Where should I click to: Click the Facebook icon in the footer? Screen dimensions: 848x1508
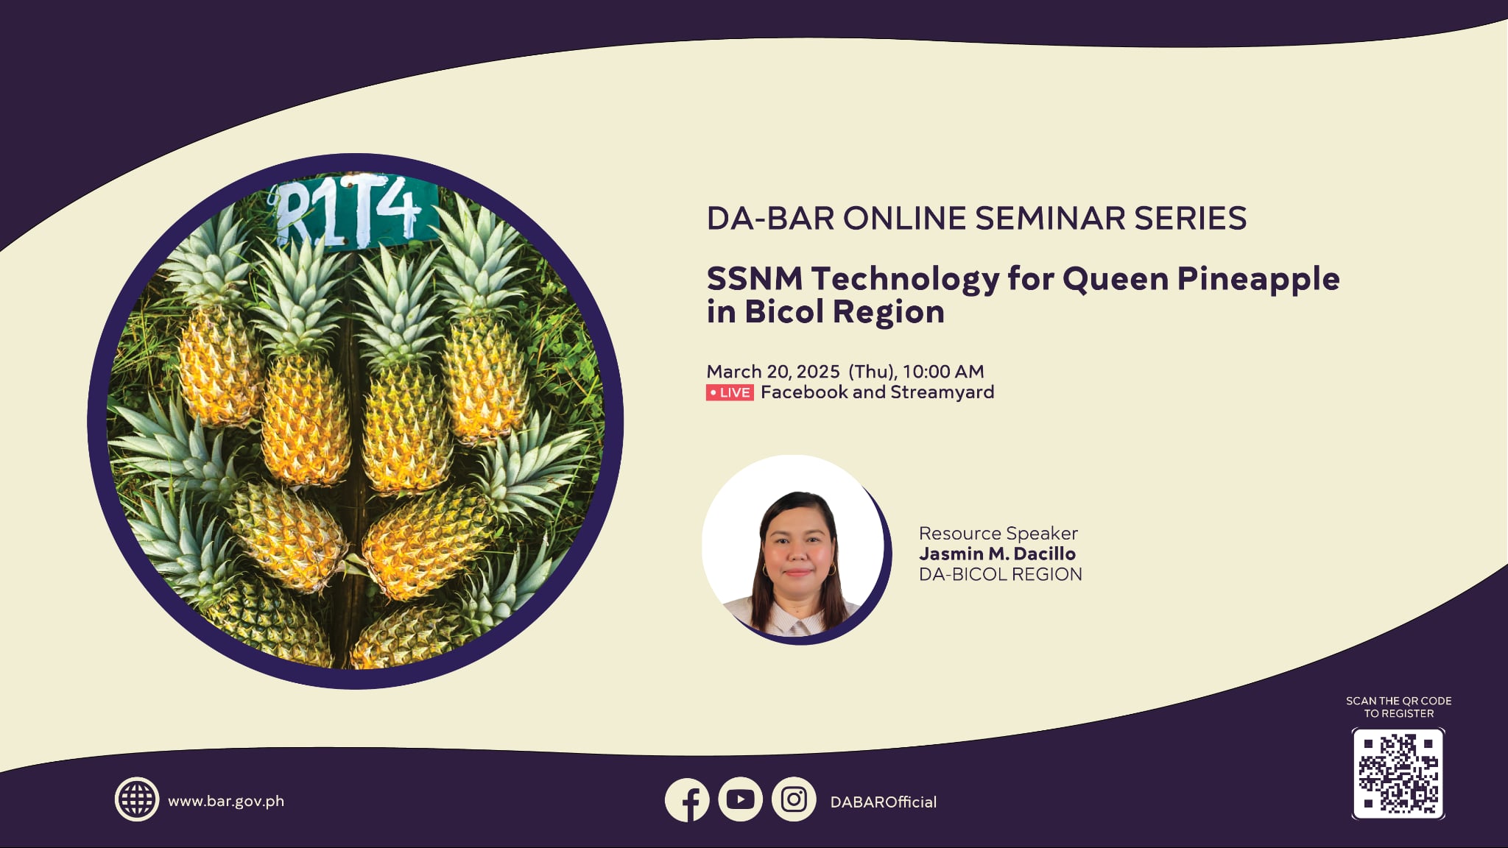(x=687, y=800)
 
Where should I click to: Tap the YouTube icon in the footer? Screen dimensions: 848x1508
(x=740, y=799)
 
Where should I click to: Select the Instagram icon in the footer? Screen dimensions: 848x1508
(x=794, y=799)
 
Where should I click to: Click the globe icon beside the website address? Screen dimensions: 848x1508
(x=137, y=799)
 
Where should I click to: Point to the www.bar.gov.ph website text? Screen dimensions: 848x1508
(x=226, y=801)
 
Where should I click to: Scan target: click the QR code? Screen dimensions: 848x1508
(x=1398, y=774)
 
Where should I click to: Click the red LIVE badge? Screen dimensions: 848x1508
(x=730, y=393)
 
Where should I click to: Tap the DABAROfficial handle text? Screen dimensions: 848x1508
(x=883, y=802)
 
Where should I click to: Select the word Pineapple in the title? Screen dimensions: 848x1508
(x=1258, y=280)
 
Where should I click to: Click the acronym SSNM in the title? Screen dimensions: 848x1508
(x=755, y=280)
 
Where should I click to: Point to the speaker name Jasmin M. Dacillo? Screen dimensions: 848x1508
(x=997, y=554)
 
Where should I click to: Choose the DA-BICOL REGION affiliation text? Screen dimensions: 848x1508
(x=1000, y=574)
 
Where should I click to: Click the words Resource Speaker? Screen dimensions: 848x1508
(x=998, y=533)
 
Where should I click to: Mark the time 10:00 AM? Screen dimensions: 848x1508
(x=943, y=372)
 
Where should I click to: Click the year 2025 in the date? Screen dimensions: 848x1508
(x=818, y=372)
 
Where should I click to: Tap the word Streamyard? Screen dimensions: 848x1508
(x=942, y=392)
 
